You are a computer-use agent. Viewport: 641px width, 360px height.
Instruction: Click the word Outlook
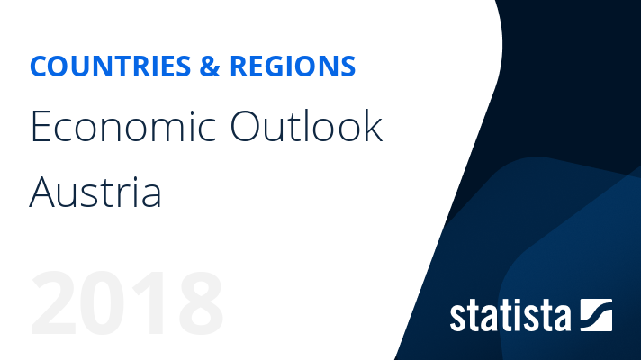tap(306, 128)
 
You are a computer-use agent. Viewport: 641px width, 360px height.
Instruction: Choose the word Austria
tap(95, 192)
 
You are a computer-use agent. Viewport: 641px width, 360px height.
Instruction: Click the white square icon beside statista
tap(596, 314)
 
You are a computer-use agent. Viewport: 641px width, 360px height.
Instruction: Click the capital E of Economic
tap(40, 128)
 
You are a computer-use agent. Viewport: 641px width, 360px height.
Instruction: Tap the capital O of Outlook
tap(248, 128)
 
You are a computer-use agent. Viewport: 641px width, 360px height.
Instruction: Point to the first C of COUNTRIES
tap(39, 67)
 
